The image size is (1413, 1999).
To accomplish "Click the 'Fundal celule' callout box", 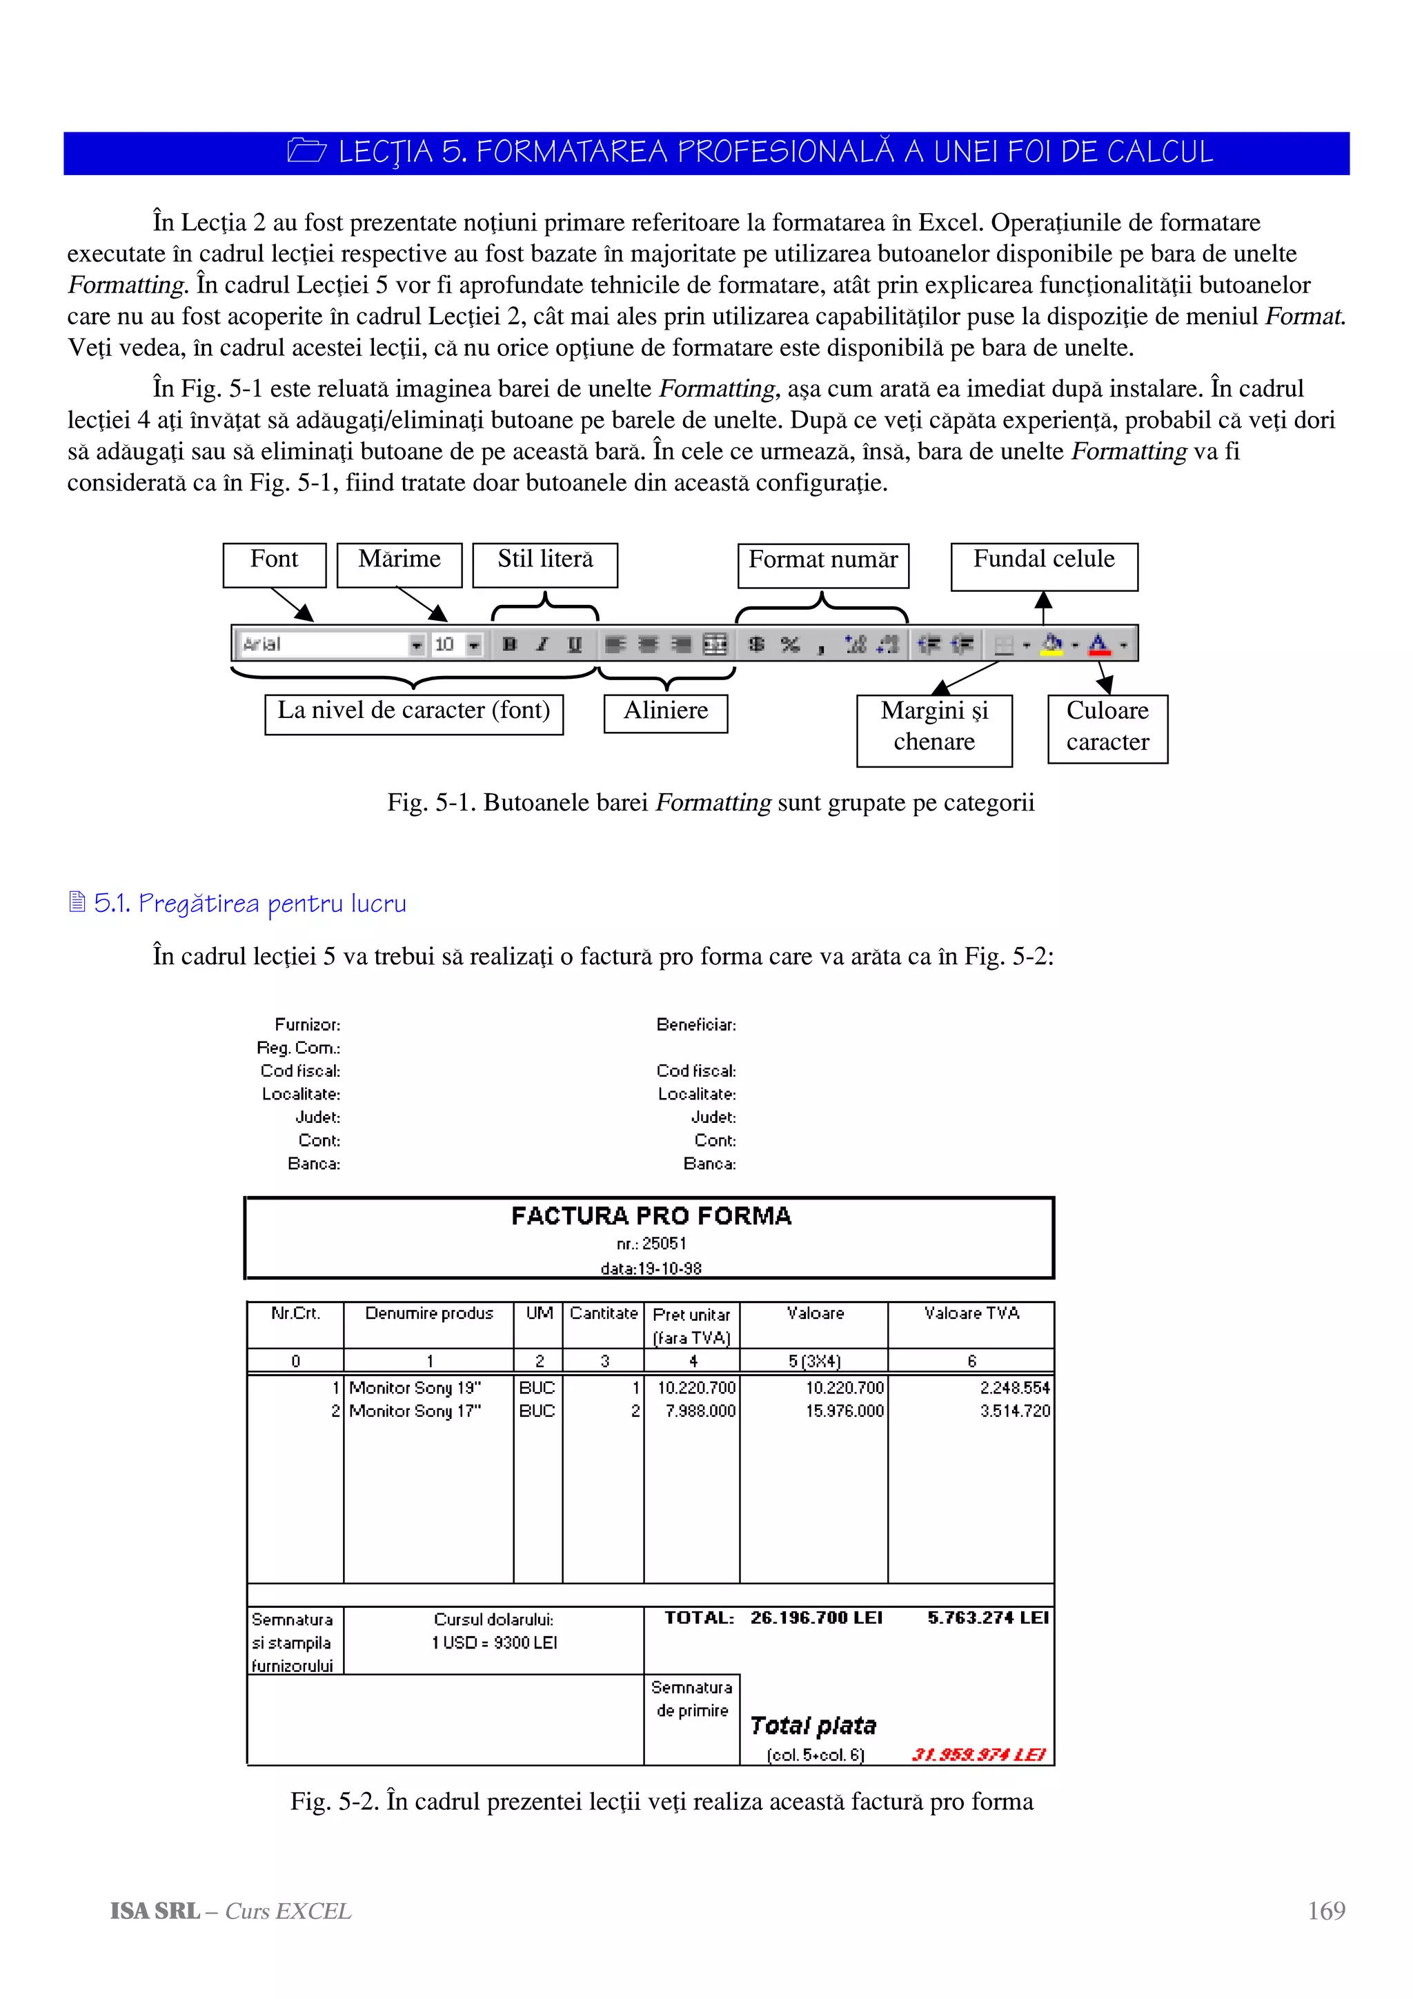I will tap(1043, 565).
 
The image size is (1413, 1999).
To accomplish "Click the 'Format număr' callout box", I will tap(822, 564).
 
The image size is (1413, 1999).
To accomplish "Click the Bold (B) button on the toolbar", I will tap(510, 644).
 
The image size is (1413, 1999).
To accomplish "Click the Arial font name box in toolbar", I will tap(322, 644).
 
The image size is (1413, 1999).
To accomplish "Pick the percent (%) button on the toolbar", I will tap(790, 644).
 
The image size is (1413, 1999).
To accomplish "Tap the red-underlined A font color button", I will tap(1098, 644).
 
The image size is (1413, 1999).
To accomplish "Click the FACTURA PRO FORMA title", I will tap(651, 1215).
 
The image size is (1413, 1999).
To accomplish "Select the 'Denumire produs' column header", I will tap(428, 1313).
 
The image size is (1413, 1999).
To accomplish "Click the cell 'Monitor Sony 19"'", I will tap(415, 1388).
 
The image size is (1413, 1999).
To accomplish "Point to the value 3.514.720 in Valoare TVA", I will tap(1014, 1411).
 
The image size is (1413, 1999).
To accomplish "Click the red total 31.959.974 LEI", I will tap(978, 1754).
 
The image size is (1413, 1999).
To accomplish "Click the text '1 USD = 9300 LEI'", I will tap(493, 1642).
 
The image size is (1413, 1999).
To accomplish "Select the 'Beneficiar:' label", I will tap(695, 1025).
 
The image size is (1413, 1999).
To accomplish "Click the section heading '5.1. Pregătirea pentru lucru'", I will tap(249, 903).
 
